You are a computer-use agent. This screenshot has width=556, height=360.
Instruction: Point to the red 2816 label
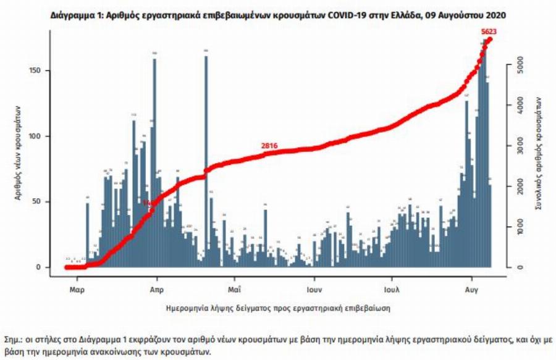click(269, 146)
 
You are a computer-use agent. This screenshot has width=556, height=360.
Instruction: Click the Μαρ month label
click(77, 288)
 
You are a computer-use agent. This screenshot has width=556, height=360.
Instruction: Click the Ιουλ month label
click(390, 288)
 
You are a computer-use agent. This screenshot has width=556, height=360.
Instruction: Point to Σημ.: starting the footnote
click(14, 340)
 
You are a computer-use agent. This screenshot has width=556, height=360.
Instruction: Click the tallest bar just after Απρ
click(154, 164)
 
